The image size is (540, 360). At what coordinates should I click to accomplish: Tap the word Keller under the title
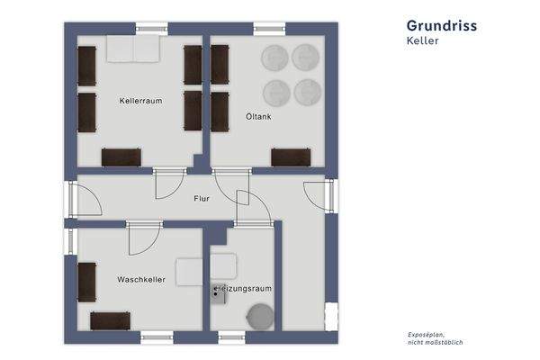(423, 41)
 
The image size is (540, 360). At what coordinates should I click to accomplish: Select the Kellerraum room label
(140, 101)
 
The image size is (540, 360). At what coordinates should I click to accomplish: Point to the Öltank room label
(259, 116)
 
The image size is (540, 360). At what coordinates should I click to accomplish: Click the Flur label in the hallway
(202, 199)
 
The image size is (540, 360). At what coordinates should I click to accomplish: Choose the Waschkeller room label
(140, 280)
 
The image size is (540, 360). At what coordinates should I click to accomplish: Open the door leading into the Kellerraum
(168, 184)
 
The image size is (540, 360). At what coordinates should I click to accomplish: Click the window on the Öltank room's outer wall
(269, 29)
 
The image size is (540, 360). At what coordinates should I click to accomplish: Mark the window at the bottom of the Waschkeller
(157, 337)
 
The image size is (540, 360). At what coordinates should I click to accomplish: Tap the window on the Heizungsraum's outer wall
(232, 337)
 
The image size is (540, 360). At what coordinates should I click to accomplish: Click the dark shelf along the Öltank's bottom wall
(291, 157)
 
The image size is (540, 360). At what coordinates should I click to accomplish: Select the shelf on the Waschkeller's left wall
(86, 282)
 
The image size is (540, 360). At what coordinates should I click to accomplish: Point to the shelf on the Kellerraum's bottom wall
(121, 157)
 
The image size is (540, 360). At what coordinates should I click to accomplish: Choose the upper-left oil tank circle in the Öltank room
(274, 58)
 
